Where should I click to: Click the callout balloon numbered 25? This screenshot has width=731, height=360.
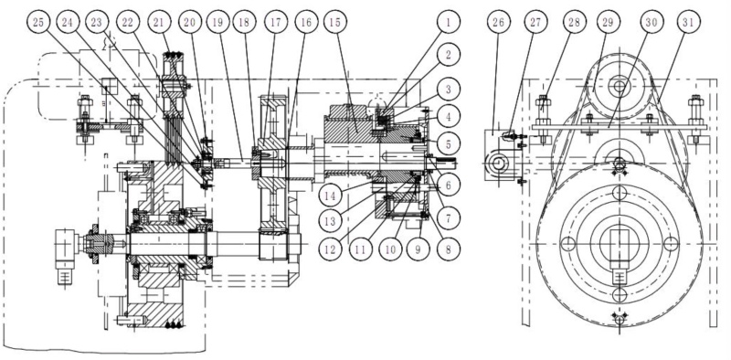pos(40,22)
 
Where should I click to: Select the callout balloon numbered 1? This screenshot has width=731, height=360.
pos(448,22)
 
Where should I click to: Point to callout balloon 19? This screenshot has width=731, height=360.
pos(218,22)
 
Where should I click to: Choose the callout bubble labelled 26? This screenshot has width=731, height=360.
pos(498,22)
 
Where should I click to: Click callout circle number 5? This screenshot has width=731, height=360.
pos(448,144)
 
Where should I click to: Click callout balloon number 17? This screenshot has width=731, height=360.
pos(276,22)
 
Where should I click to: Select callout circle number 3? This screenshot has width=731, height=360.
pos(448,89)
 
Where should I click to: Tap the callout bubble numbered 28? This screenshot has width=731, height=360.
pos(575,22)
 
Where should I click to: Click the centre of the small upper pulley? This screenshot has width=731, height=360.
pos(620,86)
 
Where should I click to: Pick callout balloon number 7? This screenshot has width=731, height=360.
pos(448,218)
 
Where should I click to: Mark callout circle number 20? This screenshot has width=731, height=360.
pos(190,22)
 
